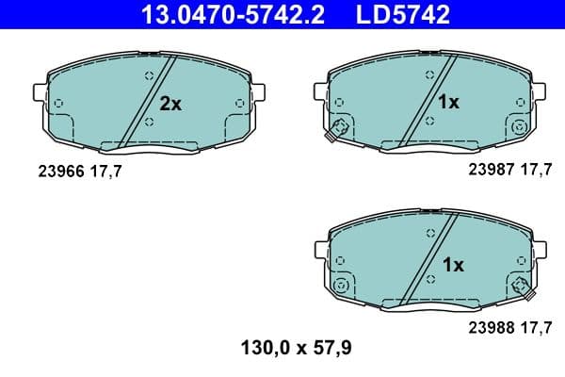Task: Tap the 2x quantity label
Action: (169, 105)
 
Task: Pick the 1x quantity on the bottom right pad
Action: (453, 265)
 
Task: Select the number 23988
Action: (487, 329)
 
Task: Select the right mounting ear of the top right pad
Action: (537, 91)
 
